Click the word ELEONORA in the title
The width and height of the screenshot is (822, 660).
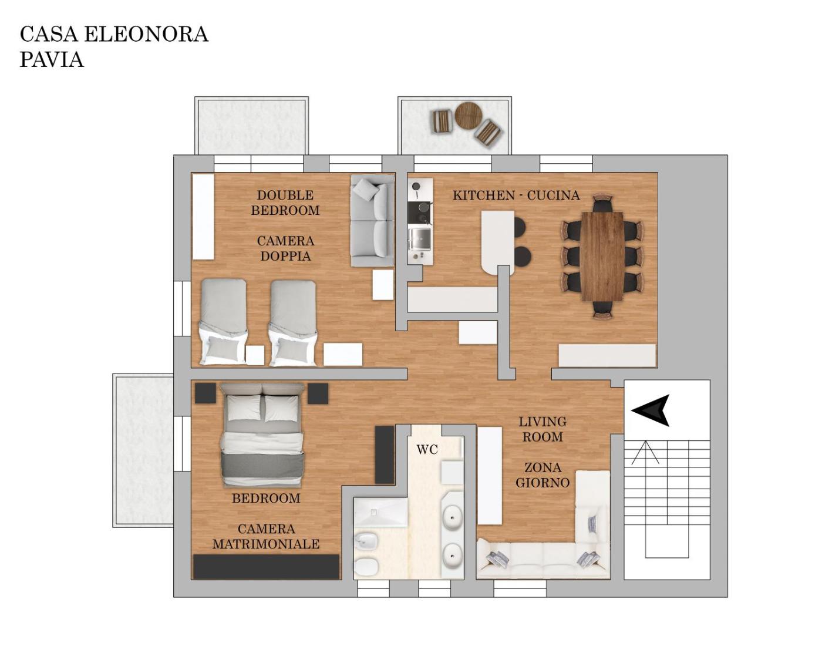pos(146,34)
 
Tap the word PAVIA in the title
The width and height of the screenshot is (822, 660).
pos(52,59)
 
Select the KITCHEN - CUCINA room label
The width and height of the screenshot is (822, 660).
pos(516,196)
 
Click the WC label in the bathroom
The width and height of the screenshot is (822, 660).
pos(427,450)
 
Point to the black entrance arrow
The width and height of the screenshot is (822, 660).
pos(651,410)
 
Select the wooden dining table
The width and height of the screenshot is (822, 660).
pos(602,256)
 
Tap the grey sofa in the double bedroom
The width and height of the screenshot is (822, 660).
pos(372,220)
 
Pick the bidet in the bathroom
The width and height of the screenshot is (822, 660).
pos(366,541)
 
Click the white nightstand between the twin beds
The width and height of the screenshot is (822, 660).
pos(255,356)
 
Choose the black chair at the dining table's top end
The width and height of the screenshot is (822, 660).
pos(603,204)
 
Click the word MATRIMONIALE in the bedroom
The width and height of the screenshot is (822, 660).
pos(266,544)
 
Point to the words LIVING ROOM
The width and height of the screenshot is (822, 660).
pos(543,429)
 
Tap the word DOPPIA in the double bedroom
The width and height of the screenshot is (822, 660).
pos(285,256)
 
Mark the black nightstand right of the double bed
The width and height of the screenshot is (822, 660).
pos(318,393)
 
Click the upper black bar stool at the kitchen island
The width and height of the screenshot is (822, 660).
pos(520,227)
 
